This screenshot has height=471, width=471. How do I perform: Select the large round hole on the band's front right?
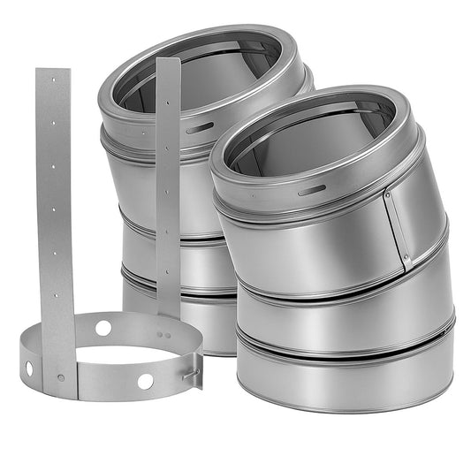point(145,381)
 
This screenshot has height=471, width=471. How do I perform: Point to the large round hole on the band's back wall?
point(103,328)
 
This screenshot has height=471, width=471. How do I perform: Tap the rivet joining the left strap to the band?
point(60,377)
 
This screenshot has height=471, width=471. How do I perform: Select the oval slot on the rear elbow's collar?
point(199,128)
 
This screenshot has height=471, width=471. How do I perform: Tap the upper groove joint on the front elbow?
point(336,283)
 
